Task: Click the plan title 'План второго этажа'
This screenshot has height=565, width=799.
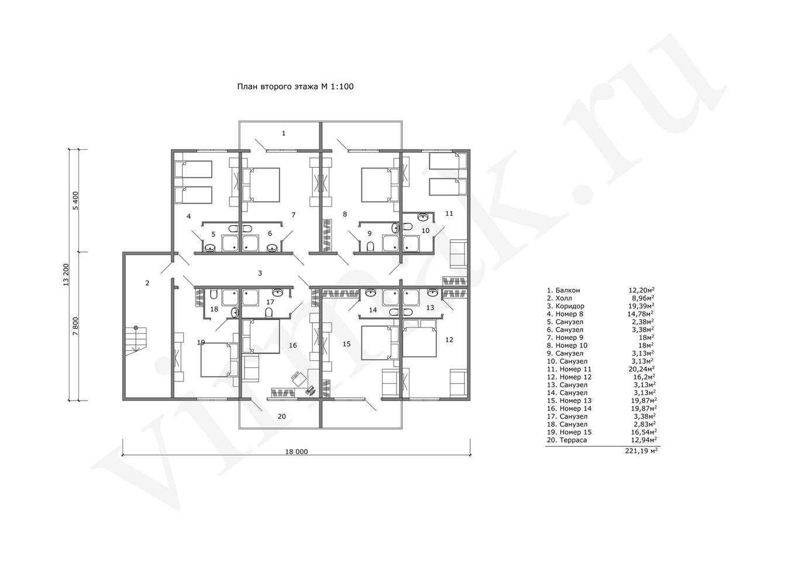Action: pyautogui.click(x=277, y=87)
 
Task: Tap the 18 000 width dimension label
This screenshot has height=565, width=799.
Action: pyautogui.click(x=297, y=452)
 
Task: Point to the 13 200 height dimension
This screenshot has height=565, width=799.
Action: pyautogui.click(x=66, y=275)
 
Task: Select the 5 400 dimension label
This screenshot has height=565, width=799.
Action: pyautogui.click(x=75, y=201)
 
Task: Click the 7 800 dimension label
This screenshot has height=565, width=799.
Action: pyautogui.click(x=75, y=326)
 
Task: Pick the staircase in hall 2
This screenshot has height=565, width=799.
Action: pyautogui.click(x=136, y=340)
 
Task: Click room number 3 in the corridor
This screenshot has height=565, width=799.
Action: pyautogui.click(x=260, y=273)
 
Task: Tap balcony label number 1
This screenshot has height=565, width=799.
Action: pyautogui.click(x=284, y=133)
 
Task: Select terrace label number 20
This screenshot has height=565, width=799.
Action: pyautogui.click(x=282, y=416)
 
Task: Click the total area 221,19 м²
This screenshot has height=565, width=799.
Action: pyautogui.click(x=641, y=450)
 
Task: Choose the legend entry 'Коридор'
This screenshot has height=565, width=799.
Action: pyautogui.click(x=570, y=306)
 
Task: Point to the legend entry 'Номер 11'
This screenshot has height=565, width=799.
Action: pyautogui.click(x=576, y=369)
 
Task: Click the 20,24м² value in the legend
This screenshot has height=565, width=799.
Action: pyautogui.click(x=642, y=369)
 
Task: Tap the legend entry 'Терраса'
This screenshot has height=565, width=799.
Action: pyautogui.click(x=573, y=440)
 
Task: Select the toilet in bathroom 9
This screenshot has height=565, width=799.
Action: pyautogui.click(x=370, y=246)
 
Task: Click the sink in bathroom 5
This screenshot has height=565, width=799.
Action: pyautogui.click(x=210, y=248)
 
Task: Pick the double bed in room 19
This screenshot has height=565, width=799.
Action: pyautogui.click(x=216, y=360)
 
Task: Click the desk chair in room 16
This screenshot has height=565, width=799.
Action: pyautogui.click(x=298, y=378)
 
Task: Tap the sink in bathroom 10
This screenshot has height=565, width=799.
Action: pyautogui.click(x=423, y=216)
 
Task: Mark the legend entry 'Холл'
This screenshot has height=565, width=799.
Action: pyautogui.click(x=564, y=298)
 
